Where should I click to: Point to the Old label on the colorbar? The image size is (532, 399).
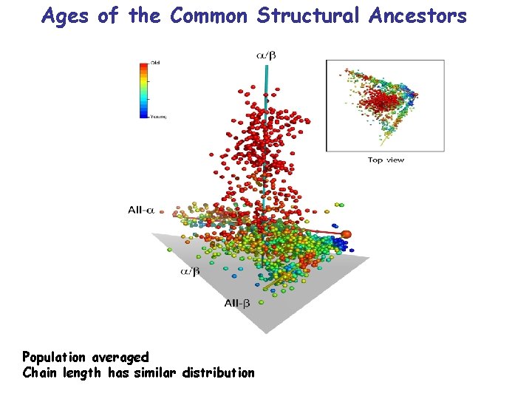[156, 63]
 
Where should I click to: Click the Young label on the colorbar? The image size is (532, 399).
[158, 117]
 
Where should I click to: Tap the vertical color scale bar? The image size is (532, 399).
[145, 90]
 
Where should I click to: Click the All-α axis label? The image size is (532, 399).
[140, 210]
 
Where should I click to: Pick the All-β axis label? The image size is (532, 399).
[236, 302]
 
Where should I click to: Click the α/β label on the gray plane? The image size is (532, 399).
[190, 272]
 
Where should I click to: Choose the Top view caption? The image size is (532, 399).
[386, 160]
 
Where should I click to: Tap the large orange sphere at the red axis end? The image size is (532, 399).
[347, 234]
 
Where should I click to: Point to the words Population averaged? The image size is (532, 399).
[85, 358]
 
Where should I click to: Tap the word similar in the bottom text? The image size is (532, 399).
[153, 373]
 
